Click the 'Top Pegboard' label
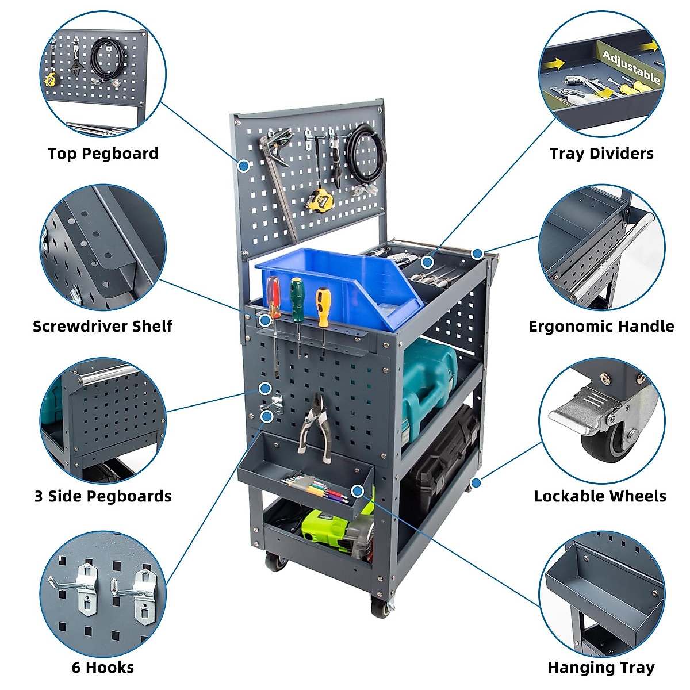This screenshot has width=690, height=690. [x=103, y=154]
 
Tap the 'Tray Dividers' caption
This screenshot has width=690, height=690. [x=601, y=154]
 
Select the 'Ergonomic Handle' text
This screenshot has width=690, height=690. [x=601, y=327]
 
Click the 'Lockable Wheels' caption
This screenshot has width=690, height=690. [x=600, y=496]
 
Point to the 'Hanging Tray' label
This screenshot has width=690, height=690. [x=601, y=668]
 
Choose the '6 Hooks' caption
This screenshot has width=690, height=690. [x=103, y=668]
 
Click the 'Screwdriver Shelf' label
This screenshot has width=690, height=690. [x=102, y=327]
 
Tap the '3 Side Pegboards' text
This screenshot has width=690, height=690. [x=103, y=496]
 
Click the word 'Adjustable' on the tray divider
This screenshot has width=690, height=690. [x=631, y=67]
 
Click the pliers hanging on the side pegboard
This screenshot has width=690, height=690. [x=315, y=425]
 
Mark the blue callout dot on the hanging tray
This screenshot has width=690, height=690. [x=358, y=490]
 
